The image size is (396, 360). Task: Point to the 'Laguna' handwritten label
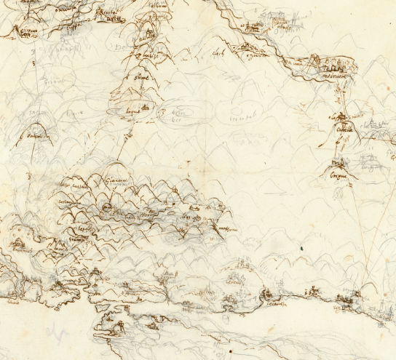click(134, 111)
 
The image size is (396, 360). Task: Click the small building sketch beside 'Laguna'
click(147, 107)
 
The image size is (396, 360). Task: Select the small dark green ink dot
click(301, 249)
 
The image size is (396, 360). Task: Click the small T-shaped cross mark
click(189, 162)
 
